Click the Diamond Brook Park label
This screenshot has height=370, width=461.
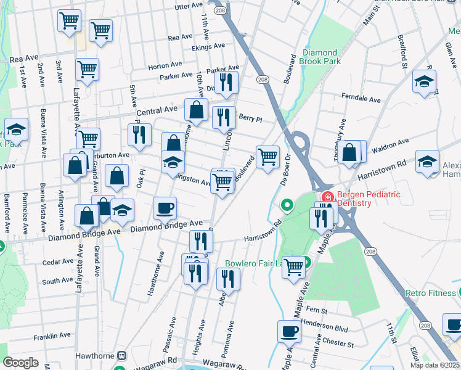point(320,57)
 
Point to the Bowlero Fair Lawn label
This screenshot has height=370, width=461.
point(253,263)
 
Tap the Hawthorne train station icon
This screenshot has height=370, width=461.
point(122,356)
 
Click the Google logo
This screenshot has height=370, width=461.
point(20,363)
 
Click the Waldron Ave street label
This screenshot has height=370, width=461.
point(390,142)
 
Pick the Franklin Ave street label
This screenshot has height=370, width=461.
point(52,336)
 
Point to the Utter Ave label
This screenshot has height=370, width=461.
point(189,6)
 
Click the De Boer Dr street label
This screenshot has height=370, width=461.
point(285,168)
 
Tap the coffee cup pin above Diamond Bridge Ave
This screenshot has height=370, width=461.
point(165,207)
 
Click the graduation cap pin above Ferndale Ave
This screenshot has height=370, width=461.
point(424,81)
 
